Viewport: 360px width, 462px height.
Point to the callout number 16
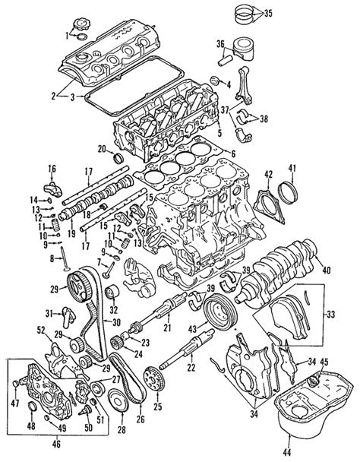coord(52,168)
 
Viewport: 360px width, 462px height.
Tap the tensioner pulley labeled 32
coord(112,294)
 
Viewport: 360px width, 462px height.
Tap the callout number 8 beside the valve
coord(52,260)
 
